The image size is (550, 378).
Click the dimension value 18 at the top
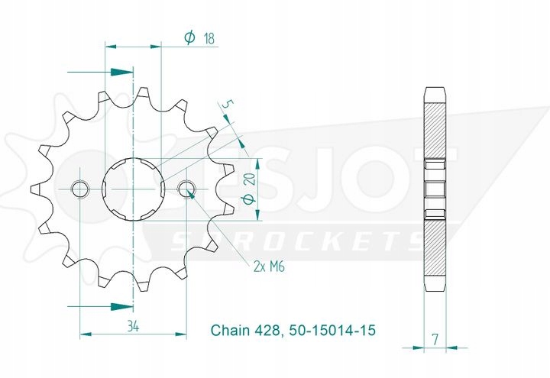pos(209,38)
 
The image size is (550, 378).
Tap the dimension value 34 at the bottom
pos(133,327)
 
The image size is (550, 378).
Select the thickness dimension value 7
pos(435,339)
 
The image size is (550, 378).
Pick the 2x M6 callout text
pos(269,267)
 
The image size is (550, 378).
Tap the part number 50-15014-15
pos(332,330)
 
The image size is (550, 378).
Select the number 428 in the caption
pos(267,330)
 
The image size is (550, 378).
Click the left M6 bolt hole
pos(80,189)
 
